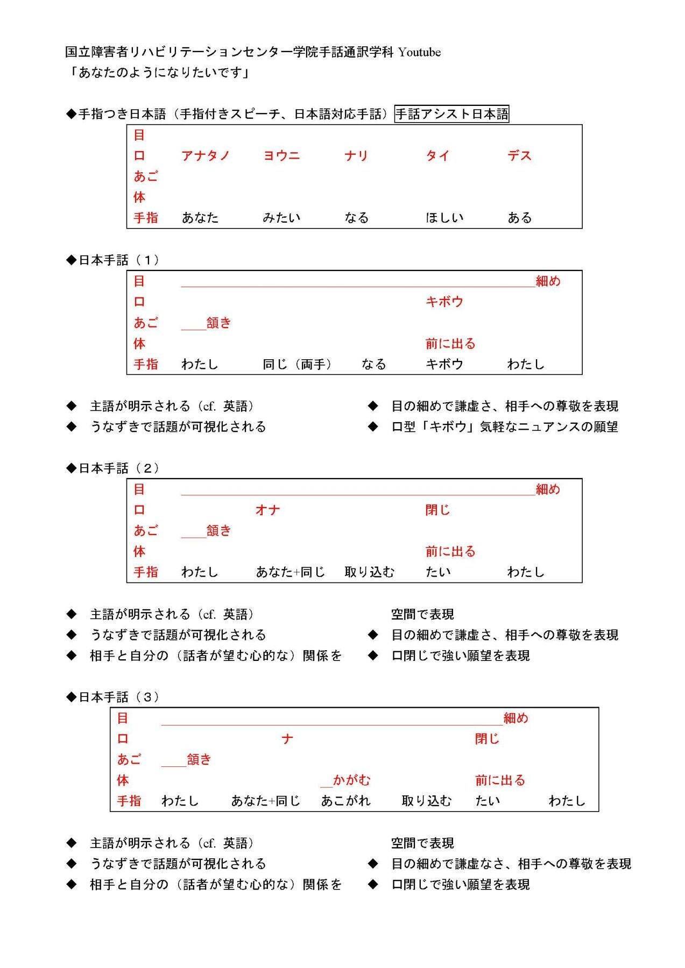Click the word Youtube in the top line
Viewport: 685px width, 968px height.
click(419, 52)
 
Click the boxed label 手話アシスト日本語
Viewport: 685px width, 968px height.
click(451, 114)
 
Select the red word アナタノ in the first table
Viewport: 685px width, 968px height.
click(206, 156)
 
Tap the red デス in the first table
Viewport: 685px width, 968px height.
click(519, 156)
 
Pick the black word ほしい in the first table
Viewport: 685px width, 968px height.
click(444, 218)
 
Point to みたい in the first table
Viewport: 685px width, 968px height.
click(281, 218)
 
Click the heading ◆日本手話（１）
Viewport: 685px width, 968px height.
click(112, 260)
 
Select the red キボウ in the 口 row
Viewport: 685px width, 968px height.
click(444, 302)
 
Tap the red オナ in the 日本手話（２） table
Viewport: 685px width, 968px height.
click(267, 510)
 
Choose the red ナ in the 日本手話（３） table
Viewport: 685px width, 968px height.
click(287, 739)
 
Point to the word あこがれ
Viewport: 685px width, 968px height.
click(345, 801)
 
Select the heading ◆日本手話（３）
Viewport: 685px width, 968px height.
click(112, 697)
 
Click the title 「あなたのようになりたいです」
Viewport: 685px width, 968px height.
click(158, 73)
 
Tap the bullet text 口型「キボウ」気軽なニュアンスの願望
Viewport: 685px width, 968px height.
click(504, 427)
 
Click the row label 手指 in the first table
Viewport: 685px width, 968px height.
click(146, 218)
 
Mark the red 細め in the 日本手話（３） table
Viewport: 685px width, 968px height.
click(515, 718)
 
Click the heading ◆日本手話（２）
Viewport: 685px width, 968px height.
click(112, 468)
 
